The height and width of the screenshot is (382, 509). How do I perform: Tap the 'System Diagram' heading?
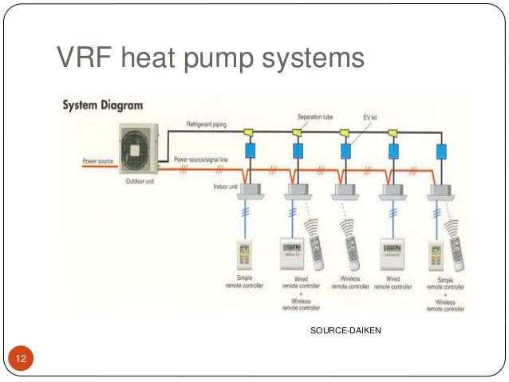98,104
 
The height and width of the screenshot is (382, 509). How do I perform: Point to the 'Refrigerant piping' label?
209,125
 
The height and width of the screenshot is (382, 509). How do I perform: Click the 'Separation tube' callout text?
315,116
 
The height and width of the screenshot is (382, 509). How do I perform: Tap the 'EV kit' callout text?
369,117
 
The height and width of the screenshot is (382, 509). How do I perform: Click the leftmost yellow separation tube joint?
250,131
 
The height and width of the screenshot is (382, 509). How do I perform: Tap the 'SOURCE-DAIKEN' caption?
340,329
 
